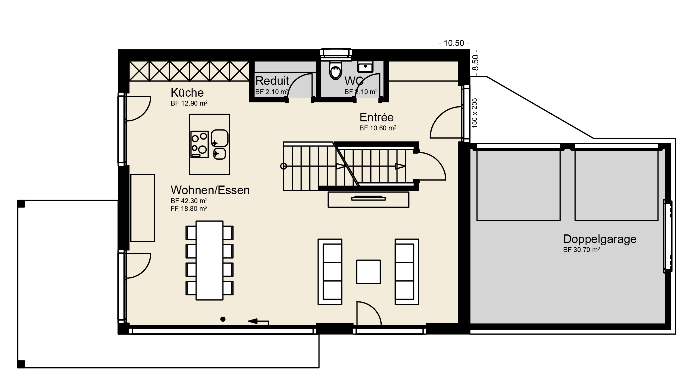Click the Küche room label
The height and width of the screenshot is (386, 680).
click(187, 93)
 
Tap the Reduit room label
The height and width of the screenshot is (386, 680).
click(272, 81)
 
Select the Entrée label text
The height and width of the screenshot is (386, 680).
click(376, 117)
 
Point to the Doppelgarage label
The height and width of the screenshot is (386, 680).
click(600, 239)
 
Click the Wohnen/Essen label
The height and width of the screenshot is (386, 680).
click(210, 190)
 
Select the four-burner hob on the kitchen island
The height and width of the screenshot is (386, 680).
click(199, 144)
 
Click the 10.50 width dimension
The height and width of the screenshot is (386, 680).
click(454, 43)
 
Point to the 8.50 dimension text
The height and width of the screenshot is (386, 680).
click(475, 63)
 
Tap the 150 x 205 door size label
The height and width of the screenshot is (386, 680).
click(475, 113)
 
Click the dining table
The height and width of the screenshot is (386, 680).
click(209, 261)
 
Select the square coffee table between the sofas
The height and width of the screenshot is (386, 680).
click(368, 272)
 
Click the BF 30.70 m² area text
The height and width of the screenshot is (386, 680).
click(581, 250)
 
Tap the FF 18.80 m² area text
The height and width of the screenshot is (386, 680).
click(189, 209)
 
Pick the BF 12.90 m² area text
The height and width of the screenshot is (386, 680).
click(189, 103)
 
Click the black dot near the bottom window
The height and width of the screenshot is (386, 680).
click(223, 319)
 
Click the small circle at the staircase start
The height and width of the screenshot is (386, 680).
click(284, 166)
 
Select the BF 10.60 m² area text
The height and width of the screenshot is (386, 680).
click(378, 128)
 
